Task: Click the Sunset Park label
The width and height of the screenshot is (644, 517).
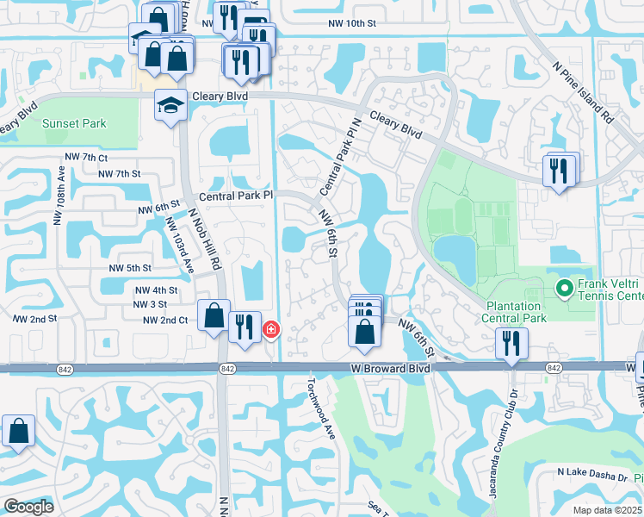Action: tap(75, 123)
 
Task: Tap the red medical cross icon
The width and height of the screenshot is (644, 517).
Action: tap(270, 329)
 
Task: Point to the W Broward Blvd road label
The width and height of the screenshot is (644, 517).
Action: tap(390, 368)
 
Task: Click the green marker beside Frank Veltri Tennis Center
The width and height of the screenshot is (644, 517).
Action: tap(565, 288)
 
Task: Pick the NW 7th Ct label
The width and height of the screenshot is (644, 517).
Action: tap(86, 158)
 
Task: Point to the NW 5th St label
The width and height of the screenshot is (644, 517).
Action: tap(130, 268)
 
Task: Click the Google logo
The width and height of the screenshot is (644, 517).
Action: tap(28, 507)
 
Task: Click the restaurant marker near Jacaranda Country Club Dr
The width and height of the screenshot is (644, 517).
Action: tap(511, 343)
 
